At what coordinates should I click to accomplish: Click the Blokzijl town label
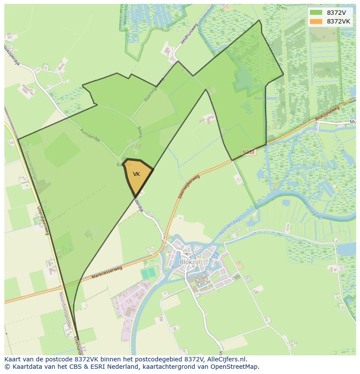pos(189,262)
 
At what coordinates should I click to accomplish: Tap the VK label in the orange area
pos(137,174)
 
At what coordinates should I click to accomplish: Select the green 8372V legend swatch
pos(316,13)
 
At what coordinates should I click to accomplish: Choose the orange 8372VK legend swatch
pos(316,21)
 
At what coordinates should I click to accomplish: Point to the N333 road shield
pos(248,152)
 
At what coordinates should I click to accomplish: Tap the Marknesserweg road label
pos(107,272)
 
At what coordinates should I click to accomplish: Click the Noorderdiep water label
pos(230,227)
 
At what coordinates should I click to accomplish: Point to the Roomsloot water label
pos(265,99)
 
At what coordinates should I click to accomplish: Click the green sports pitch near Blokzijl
pos(148,273)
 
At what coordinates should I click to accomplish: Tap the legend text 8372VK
pos(339,21)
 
